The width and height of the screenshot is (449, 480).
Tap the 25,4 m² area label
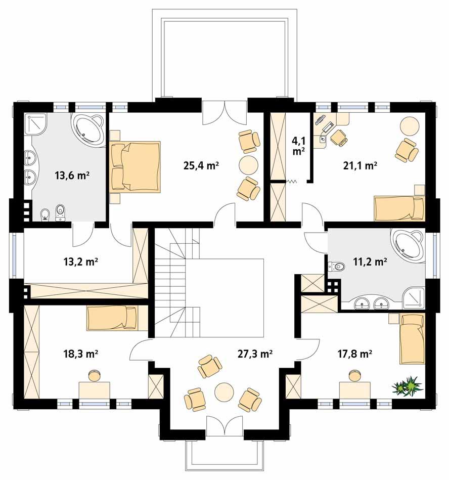201,165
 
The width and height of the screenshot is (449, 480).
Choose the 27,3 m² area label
255,354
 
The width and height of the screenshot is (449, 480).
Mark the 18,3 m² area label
80,354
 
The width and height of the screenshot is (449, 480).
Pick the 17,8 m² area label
354,354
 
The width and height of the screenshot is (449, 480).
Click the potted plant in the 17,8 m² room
408,386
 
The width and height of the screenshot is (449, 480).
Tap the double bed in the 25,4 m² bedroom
136,167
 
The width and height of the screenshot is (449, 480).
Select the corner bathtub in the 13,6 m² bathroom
88,128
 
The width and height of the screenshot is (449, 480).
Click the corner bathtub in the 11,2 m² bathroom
408,243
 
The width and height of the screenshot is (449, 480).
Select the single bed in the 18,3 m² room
111,319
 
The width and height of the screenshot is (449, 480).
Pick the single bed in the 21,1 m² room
399,208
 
